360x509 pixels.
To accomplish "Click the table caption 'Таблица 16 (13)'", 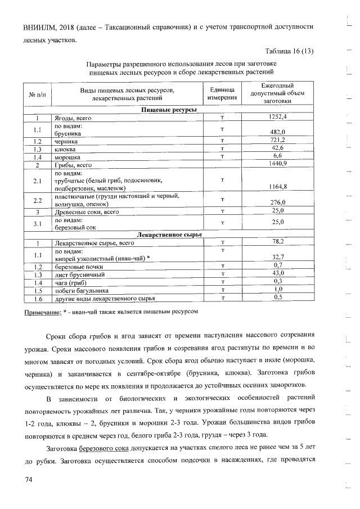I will point(285,52).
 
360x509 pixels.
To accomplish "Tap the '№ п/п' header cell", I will point(37,94).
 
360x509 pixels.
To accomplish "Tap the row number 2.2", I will point(38,200).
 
